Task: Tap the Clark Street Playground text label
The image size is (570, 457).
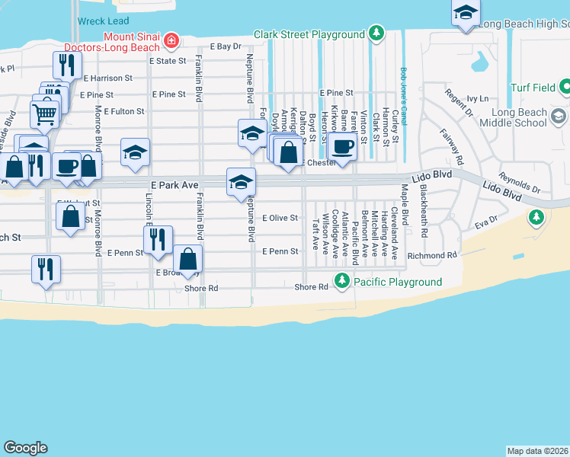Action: tap(309, 34)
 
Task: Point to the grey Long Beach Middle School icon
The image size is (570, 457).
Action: tap(559, 117)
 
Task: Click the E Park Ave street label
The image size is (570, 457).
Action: tap(168, 185)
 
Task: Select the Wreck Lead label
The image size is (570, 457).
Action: tap(103, 21)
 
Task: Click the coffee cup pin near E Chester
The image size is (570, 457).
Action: tap(343, 147)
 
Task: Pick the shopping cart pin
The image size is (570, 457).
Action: tap(44, 115)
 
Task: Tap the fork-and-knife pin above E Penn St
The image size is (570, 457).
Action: tap(158, 239)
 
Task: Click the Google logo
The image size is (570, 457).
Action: tap(25, 448)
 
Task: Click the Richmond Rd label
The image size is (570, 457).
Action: tap(432, 256)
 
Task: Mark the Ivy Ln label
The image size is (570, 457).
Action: tap(478, 99)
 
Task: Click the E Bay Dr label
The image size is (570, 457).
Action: tap(226, 47)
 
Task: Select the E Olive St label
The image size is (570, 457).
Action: tap(280, 218)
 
